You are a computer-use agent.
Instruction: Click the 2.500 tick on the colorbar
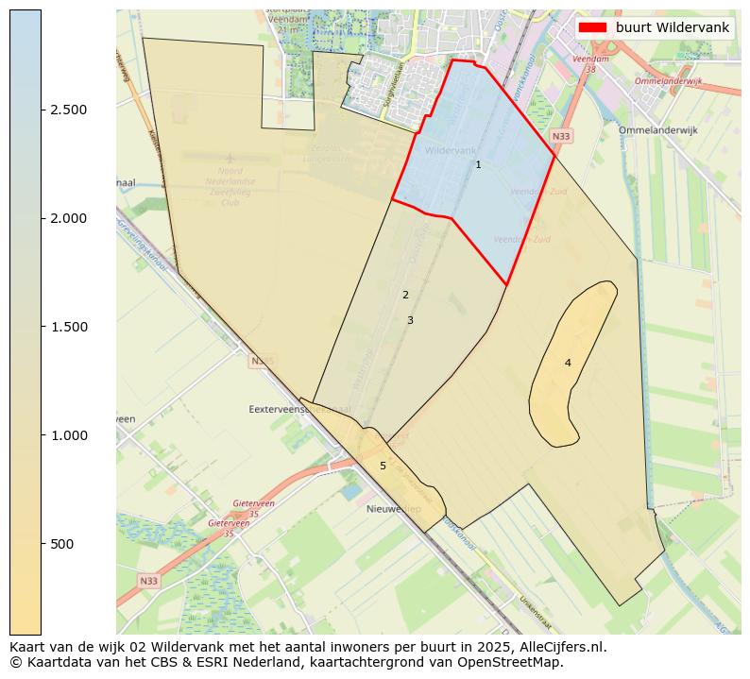point(69,110)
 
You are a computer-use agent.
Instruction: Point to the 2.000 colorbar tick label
point(69,218)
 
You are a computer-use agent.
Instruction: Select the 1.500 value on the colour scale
point(69,327)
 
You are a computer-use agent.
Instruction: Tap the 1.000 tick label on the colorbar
point(69,435)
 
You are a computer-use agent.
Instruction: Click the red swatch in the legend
point(592,27)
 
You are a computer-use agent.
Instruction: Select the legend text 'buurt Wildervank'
point(672,27)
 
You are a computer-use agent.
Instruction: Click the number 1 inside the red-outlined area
point(478,165)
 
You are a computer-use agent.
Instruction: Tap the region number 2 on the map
point(405,296)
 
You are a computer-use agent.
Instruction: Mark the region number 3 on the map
point(410,321)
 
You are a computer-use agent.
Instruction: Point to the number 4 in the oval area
point(568,364)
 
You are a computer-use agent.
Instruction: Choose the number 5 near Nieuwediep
point(383,467)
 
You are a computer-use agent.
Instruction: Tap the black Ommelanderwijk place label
point(657,130)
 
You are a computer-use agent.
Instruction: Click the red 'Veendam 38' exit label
point(590,64)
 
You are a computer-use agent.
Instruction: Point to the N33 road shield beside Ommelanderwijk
point(561,137)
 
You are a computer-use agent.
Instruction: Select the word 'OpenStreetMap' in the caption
point(516,663)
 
